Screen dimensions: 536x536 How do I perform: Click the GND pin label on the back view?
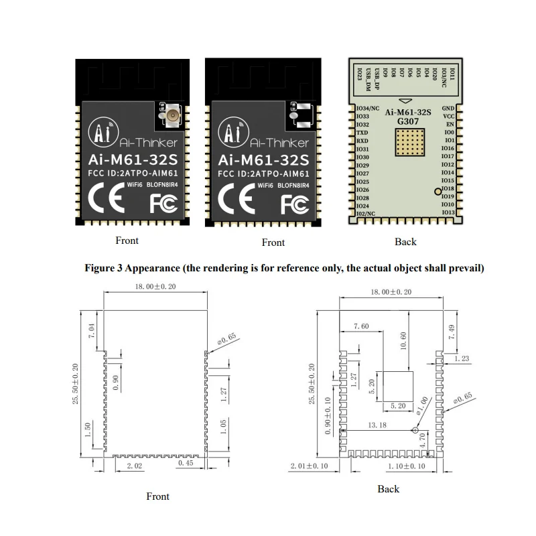(448, 108)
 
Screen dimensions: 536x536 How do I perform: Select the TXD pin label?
(362, 133)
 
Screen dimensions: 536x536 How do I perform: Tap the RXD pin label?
(362, 141)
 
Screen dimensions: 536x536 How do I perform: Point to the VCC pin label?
(449, 116)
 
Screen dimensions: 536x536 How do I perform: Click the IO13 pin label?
(448, 212)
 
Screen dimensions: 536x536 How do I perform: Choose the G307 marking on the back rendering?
(407, 121)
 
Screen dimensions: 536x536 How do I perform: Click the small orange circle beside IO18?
(438, 192)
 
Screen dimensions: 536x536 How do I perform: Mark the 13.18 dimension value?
(377, 425)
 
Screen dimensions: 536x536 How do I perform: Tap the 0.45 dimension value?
(186, 464)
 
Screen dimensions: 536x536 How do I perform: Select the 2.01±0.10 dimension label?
(309, 465)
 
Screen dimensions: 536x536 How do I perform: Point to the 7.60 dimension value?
(360, 326)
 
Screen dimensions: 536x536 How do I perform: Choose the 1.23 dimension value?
(462, 359)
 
